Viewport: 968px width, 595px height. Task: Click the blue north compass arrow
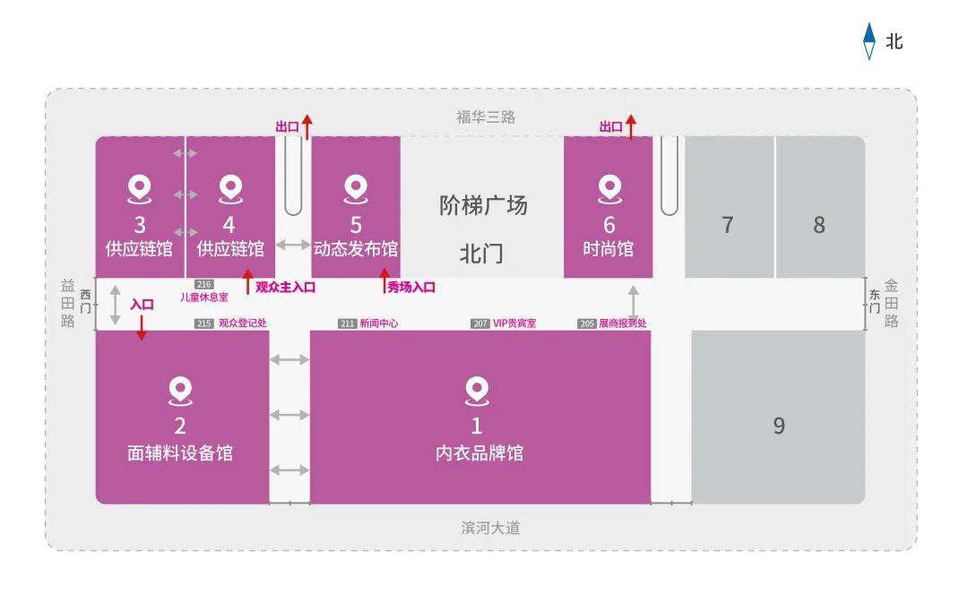tap(869, 40)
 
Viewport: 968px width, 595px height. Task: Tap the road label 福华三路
tap(485, 116)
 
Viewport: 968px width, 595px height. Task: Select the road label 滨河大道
tap(490, 528)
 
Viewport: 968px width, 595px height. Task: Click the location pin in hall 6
tap(609, 189)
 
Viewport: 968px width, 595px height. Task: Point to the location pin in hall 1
tap(477, 392)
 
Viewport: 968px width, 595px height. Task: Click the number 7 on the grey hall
tap(728, 225)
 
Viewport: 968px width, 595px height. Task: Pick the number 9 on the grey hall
tap(779, 426)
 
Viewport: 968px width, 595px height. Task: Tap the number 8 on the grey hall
tap(819, 225)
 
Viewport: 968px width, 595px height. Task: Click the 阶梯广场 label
tap(483, 205)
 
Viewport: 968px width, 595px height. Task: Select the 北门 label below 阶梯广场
tap(481, 254)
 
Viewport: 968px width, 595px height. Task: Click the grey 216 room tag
tap(203, 285)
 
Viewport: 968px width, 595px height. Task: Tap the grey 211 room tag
tap(347, 323)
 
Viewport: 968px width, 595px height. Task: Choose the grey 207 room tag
tap(480, 323)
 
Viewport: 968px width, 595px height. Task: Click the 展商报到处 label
tap(622, 323)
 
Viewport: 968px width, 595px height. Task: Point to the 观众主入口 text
tap(285, 287)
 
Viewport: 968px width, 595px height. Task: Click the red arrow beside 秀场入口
tap(384, 280)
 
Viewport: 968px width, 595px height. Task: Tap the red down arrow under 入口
tap(142, 328)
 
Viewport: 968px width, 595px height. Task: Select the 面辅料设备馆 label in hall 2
tap(180, 453)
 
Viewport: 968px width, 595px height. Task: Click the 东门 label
tap(874, 301)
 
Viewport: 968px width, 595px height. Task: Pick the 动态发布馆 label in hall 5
tap(356, 249)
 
